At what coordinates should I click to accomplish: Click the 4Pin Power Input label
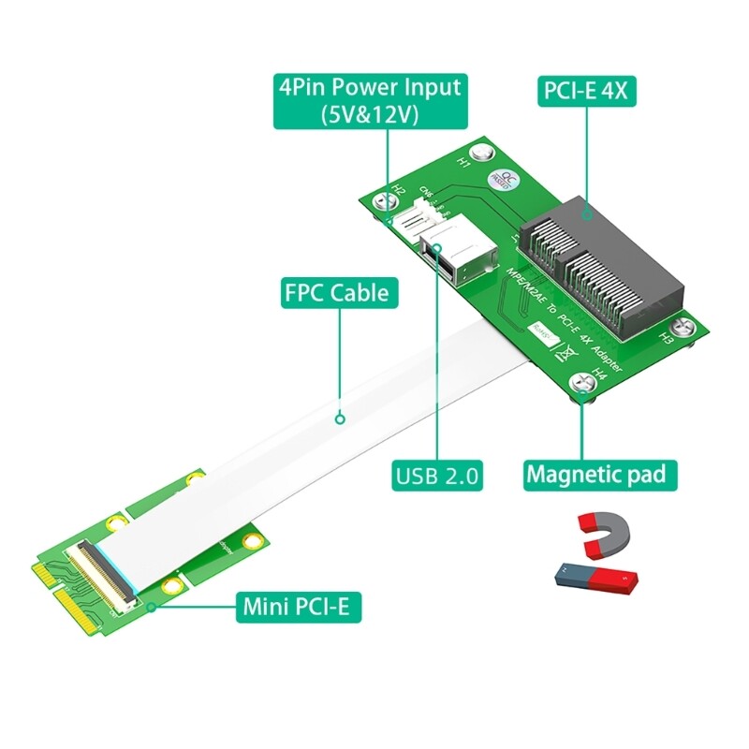point(369,100)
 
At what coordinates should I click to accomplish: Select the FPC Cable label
point(335,293)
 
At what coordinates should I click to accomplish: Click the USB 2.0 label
point(437,475)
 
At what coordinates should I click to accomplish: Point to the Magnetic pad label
point(595,474)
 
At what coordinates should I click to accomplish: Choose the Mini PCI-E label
point(296,607)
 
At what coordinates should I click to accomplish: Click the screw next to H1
point(482,152)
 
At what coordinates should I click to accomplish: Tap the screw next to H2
point(382,199)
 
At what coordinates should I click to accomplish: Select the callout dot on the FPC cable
point(341,419)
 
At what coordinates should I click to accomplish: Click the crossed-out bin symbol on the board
point(565,354)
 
